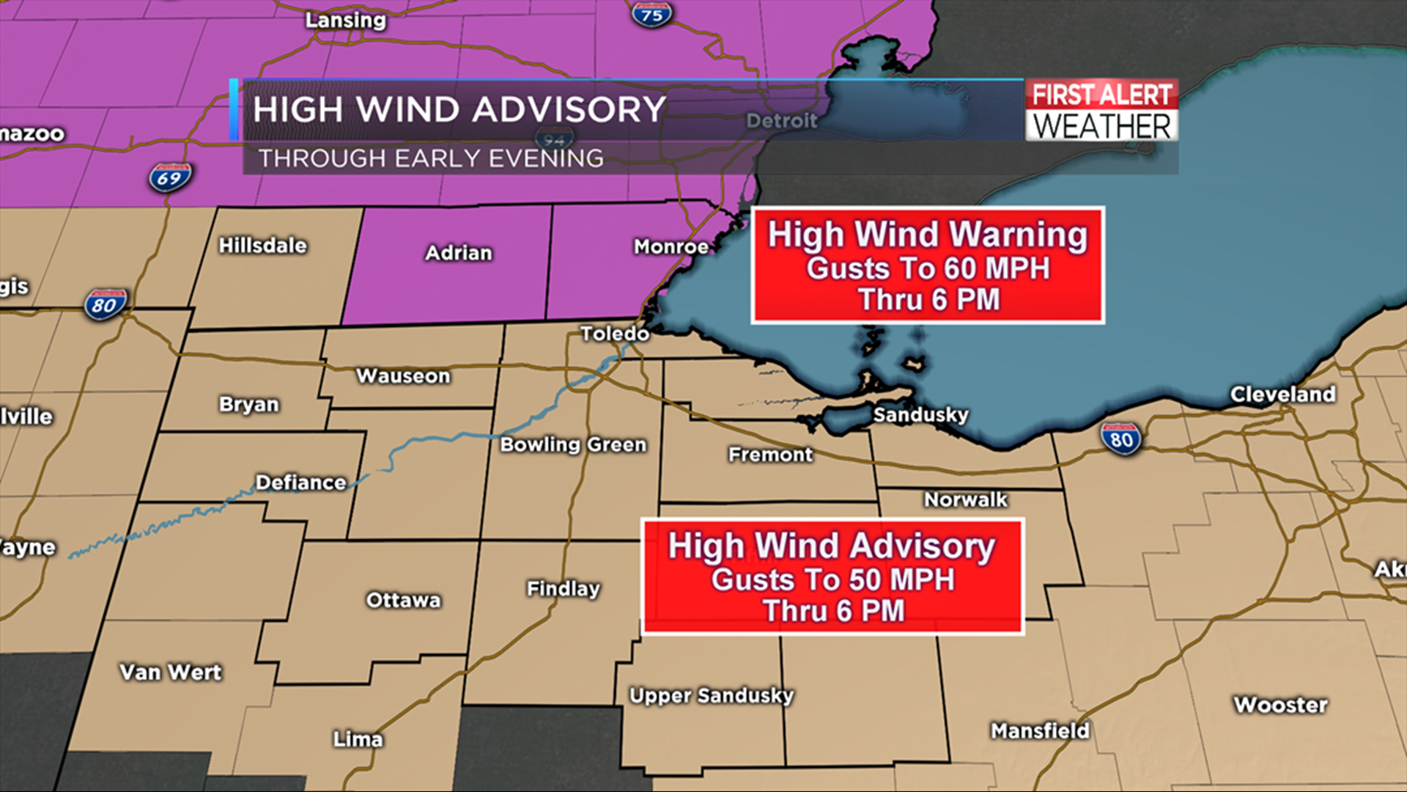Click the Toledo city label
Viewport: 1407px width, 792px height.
614,334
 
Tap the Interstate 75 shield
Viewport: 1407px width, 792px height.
651,14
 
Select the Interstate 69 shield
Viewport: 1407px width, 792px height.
170,178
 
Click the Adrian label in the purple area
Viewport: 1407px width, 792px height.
459,253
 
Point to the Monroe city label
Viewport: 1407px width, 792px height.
671,246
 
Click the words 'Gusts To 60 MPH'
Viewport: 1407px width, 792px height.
928,268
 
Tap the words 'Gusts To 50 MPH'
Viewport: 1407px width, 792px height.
832,580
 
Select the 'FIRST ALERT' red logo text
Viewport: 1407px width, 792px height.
1101,95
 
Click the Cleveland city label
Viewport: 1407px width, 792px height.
1282,395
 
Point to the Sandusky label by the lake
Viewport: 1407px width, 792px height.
920,415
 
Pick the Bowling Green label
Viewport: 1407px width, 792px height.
573,444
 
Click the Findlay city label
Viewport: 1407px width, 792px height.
563,589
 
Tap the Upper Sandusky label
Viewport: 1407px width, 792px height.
711,695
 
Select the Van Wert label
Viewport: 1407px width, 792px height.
170,672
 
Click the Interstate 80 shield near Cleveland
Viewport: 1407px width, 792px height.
1121,439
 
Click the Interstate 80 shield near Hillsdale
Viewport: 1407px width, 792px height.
105,304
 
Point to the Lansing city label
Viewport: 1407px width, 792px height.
345,20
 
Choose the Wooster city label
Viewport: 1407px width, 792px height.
1280,705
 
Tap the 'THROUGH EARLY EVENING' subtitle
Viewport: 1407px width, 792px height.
431,158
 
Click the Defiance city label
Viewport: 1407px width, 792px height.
300,483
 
